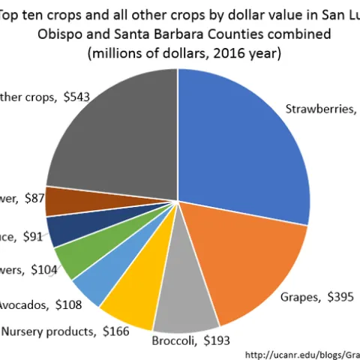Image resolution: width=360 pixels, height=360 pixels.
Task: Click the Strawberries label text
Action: (x=319, y=108)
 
